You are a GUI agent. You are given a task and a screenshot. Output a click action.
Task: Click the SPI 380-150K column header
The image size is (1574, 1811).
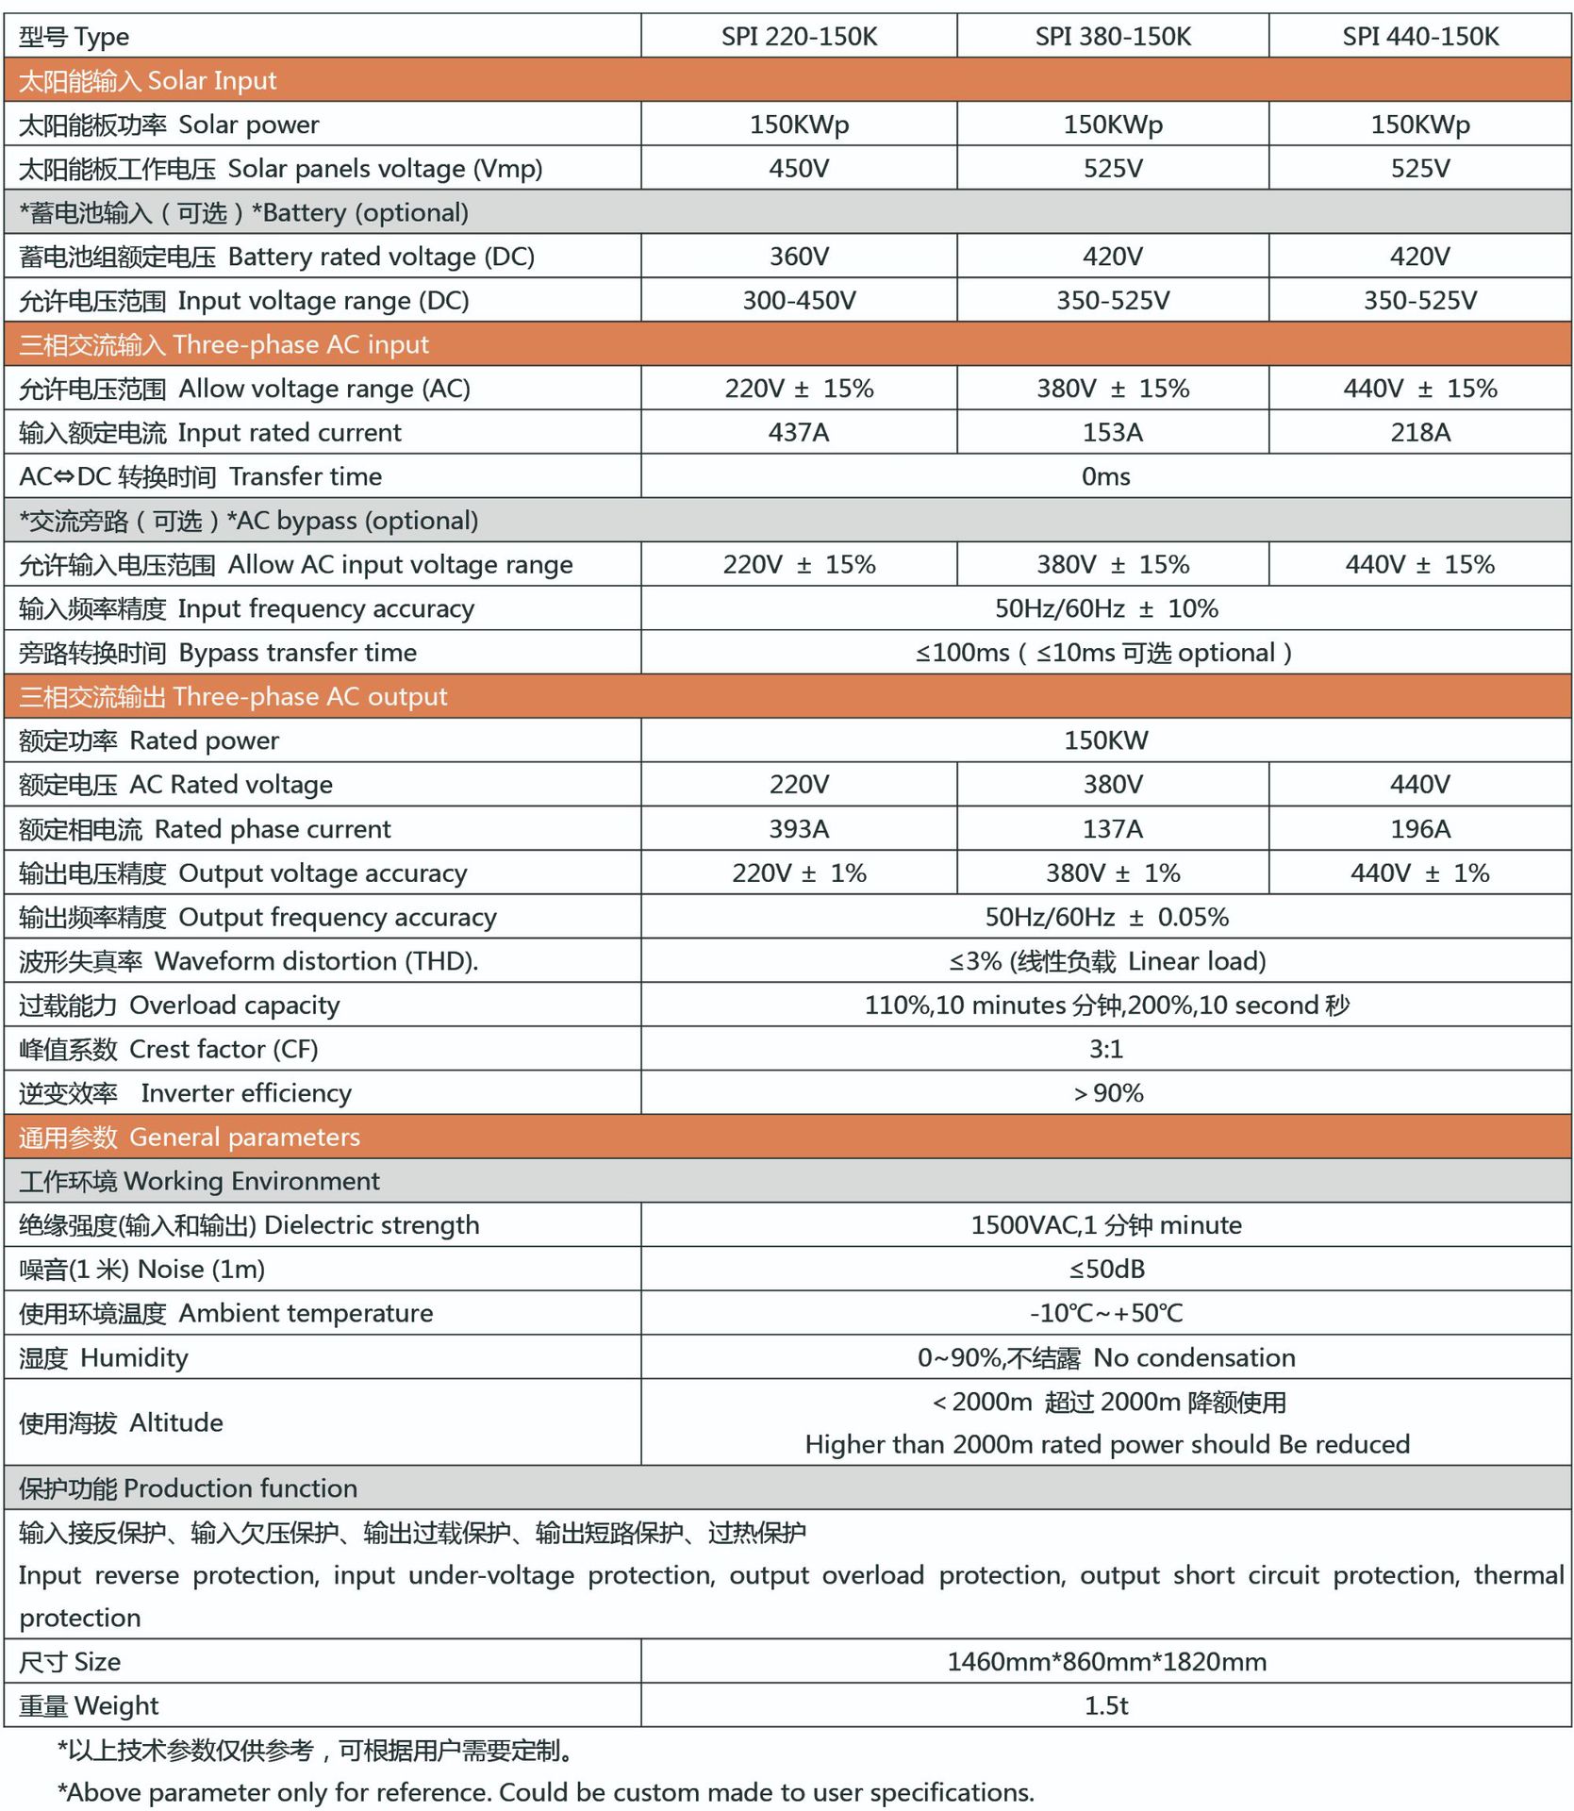1113,37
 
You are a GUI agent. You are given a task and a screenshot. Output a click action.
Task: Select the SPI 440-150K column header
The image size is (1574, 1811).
1420,37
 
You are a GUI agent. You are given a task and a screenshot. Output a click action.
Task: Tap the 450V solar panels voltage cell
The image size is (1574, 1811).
799,169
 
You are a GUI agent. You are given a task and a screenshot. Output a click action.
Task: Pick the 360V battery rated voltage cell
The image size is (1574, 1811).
799,257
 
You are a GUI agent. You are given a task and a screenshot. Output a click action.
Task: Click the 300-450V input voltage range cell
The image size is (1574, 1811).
799,301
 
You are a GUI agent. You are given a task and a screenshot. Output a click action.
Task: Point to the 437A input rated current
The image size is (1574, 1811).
799,433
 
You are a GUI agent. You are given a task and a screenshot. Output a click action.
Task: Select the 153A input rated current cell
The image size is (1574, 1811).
1113,433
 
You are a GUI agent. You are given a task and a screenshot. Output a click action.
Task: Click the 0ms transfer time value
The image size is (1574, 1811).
1105,477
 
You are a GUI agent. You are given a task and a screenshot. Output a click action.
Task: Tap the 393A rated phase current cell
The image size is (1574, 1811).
799,829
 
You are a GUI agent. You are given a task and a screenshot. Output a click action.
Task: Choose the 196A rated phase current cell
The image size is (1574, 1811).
1420,829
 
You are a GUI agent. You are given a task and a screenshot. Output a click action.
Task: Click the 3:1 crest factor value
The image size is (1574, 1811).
1105,1049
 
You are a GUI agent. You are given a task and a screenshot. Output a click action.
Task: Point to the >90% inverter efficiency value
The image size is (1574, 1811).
1108,1093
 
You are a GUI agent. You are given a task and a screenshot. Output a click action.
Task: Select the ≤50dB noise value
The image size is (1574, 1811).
1106,1270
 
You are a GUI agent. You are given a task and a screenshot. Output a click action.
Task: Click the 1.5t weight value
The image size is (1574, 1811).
1106,1706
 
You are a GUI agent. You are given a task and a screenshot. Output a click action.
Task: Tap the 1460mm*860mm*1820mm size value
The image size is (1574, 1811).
1106,1662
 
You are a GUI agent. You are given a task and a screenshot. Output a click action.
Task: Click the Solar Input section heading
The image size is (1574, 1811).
148,81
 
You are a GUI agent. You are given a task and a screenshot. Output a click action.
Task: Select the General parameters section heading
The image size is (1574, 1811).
190,1138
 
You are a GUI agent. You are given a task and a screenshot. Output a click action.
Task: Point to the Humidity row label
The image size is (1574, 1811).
104,1358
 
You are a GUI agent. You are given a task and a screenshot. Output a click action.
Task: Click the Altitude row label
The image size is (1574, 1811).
121,1422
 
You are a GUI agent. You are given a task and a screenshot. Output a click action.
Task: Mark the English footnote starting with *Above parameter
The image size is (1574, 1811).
546,1792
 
